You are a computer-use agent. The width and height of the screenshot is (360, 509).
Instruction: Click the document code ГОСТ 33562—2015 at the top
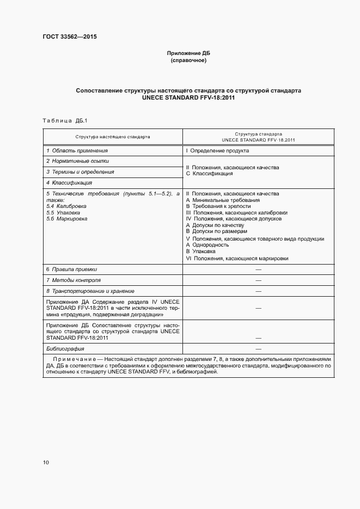click(x=70, y=37)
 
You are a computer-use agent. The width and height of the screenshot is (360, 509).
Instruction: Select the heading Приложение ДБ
click(x=188, y=53)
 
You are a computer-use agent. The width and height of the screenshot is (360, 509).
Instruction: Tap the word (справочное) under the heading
click(x=188, y=60)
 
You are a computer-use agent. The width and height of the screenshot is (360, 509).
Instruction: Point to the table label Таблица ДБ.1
click(x=61, y=120)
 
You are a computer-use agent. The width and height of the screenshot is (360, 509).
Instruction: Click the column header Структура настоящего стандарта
click(x=113, y=137)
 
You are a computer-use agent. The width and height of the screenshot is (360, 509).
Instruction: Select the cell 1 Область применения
click(x=77, y=150)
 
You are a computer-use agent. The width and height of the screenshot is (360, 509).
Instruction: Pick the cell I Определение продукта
click(x=217, y=150)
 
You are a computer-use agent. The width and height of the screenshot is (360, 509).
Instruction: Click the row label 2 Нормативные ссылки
click(x=77, y=161)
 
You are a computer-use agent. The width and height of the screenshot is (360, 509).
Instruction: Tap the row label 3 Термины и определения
click(x=80, y=172)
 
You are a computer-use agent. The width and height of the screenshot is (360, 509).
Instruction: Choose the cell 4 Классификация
click(x=69, y=183)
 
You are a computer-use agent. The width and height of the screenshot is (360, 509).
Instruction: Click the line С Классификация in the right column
click(x=209, y=174)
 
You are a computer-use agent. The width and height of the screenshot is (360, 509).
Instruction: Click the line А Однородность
click(x=207, y=245)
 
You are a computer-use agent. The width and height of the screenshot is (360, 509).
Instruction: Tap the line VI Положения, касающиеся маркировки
click(x=237, y=258)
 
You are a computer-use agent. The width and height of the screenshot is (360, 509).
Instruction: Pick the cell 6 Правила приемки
click(x=71, y=269)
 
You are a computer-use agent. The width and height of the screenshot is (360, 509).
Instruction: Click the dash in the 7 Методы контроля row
click(x=258, y=280)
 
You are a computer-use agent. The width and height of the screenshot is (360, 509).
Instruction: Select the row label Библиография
click(x=65, y=348)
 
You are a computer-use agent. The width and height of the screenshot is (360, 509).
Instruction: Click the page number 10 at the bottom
click(x=46, y=462)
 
